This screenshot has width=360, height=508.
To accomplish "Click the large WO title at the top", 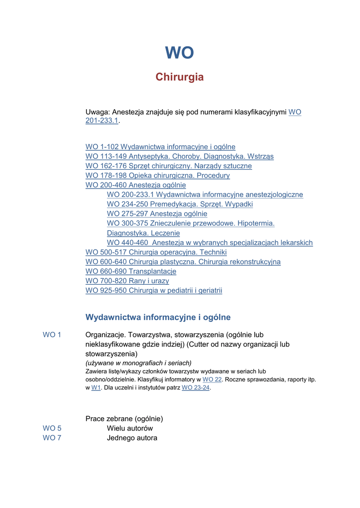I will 179,53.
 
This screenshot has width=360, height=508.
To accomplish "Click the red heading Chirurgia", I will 179,77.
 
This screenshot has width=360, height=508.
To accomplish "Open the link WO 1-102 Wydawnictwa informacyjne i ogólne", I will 160,147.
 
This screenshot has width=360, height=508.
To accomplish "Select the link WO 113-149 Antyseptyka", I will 179,156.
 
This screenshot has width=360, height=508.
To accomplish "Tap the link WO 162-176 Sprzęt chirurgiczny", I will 168,166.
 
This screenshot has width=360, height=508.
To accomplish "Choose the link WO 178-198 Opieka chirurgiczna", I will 157,176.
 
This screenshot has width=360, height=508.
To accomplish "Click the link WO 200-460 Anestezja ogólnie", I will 136,185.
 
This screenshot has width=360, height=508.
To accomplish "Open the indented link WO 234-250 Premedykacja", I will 180,204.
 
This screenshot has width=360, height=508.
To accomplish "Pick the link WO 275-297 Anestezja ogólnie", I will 157,214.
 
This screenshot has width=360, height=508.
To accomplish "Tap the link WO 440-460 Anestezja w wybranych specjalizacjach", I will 210,243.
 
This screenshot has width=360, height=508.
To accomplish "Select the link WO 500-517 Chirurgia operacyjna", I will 156,253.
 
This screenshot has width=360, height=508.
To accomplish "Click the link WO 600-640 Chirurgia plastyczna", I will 183,262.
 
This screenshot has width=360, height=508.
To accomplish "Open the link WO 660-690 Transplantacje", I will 131,271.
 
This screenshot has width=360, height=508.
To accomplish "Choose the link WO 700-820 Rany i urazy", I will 127,281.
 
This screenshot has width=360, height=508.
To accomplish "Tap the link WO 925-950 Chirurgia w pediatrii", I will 154,291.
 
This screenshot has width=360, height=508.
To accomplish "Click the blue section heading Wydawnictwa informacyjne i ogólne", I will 158,317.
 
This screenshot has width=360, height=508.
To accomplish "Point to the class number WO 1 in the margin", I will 52,335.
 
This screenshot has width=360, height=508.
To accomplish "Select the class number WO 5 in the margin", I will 52,428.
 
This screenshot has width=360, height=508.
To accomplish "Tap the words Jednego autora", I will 132,438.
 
